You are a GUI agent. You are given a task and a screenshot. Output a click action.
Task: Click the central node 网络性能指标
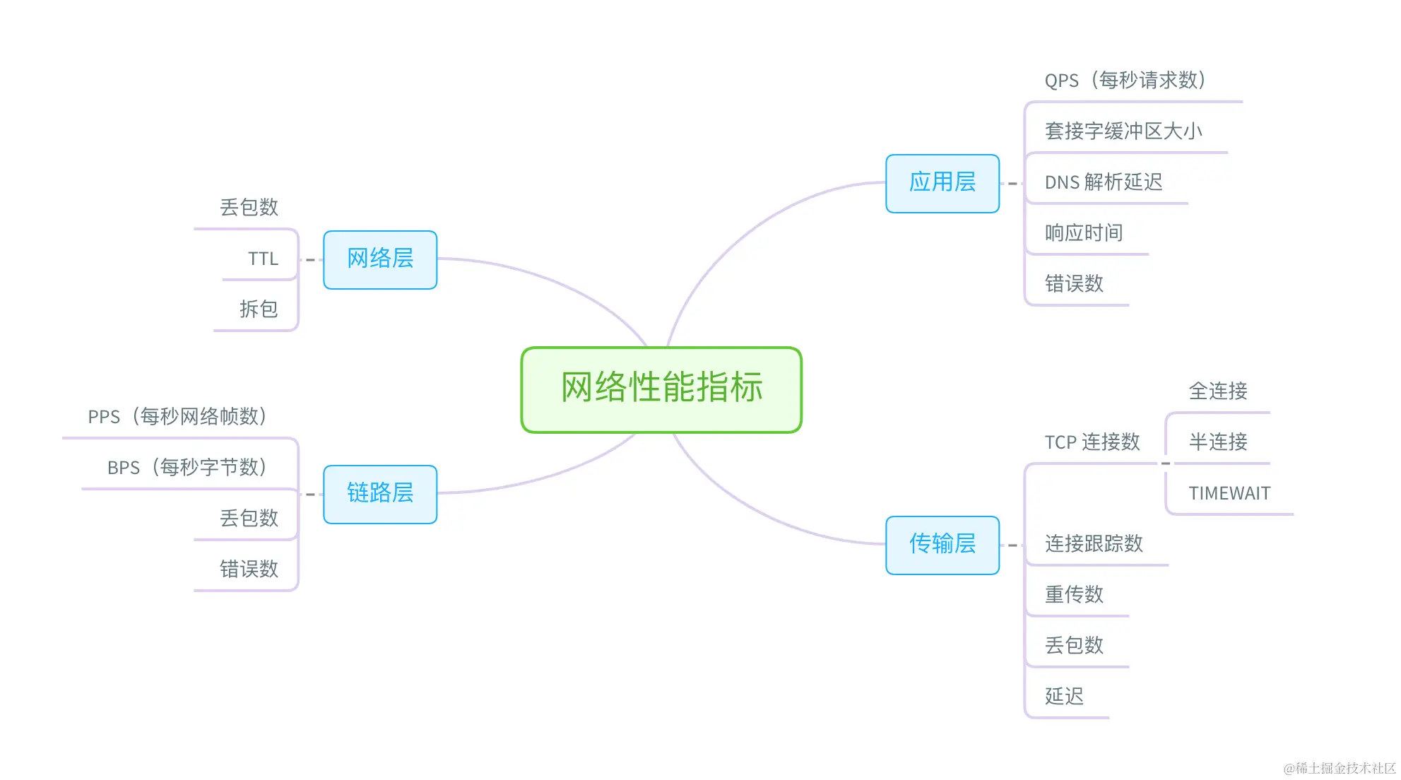point(661,389)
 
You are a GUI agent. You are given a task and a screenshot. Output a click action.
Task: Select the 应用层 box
point(942,183)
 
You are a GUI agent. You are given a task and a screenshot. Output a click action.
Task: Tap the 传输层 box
point(942,544)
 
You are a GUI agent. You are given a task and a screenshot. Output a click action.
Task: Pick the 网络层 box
point(380,259)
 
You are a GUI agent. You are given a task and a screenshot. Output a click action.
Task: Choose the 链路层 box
point(380,493)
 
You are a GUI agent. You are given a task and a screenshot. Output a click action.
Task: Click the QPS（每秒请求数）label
point(1125,81)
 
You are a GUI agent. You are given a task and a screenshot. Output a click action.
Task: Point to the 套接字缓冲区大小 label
point(1123,131)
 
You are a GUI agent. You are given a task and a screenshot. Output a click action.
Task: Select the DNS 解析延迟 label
point(1103,182)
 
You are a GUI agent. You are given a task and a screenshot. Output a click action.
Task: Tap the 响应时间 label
point(1083,233)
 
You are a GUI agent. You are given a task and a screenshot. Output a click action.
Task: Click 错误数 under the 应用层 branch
point(1074,284)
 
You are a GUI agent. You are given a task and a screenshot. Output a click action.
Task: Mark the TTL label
point(263,259)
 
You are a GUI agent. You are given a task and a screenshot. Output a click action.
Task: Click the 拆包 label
point(259,309)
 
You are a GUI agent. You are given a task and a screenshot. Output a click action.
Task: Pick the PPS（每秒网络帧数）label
point(177,417)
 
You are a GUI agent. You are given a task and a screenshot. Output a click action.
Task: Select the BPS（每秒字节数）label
point(187,468)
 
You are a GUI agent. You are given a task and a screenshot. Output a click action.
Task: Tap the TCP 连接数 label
point(1092,442)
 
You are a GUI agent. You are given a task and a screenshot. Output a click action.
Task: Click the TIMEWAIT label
point(1229,493)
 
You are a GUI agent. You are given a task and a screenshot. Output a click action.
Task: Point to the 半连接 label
point(1217,442)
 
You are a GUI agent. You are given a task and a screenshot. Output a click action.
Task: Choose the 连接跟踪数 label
point(1093,544)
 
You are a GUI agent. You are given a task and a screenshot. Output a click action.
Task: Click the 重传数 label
point(1074,595)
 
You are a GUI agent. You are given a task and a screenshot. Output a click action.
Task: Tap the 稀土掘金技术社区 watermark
point(1340,768)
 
